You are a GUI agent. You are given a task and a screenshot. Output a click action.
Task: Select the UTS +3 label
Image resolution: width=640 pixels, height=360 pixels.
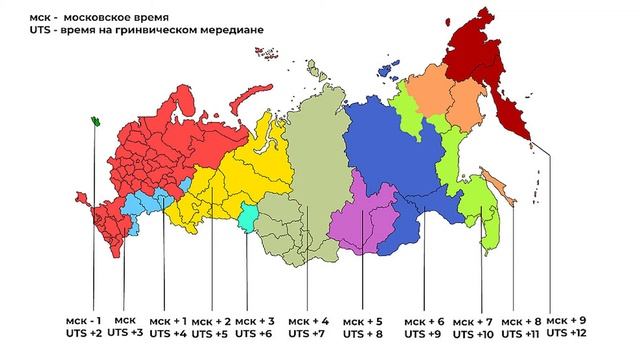(125, 331)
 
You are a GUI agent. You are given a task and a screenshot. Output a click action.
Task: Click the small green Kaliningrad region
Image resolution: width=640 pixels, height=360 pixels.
(95, 121)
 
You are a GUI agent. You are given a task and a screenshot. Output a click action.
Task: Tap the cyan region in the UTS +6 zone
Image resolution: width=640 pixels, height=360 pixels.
(248, 212)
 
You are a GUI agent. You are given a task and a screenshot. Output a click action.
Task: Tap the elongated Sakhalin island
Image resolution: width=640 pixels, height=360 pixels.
(501, 190)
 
